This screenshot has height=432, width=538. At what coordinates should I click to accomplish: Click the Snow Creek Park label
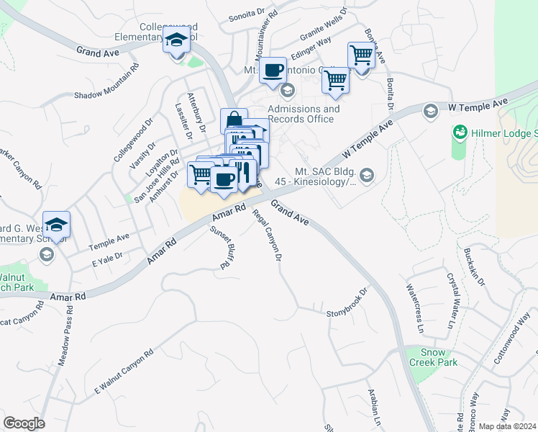click(441, 358)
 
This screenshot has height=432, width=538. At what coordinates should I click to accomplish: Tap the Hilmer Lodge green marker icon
click(459, 133)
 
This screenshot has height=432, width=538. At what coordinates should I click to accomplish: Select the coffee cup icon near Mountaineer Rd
click(273, 71)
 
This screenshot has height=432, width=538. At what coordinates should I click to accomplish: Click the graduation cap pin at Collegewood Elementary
click(175, 41)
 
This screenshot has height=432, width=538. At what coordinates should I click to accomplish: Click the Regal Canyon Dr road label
click(267, 233)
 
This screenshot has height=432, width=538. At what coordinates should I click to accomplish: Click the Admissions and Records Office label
click(304, 114)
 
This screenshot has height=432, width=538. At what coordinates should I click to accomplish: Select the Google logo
click(24, 423)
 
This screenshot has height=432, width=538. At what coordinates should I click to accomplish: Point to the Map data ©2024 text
click(508, 426)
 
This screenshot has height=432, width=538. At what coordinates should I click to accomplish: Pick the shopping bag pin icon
click(234, 120)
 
